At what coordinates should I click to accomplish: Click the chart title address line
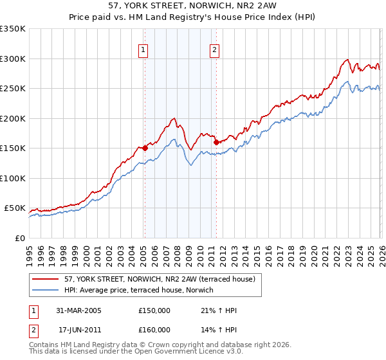point(193,7)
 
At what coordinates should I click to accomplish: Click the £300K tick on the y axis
point(13,59)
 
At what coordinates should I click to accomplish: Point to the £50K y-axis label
point(15,208)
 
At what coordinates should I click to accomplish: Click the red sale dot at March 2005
point(145,148)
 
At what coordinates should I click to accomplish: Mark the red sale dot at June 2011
point(216,142)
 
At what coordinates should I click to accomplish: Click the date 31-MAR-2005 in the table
point(80,310)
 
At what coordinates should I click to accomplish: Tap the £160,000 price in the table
point(154,329)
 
